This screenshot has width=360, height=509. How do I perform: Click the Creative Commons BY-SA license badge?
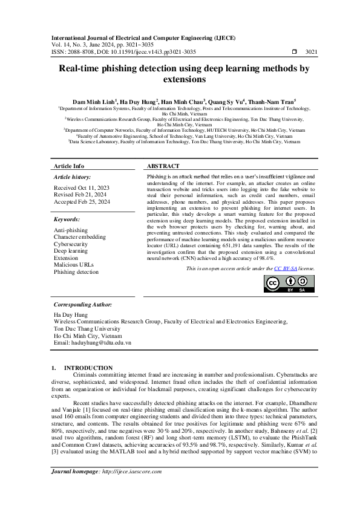pyautogui.click(x=289, y=284)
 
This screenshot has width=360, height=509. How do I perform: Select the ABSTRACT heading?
pyautogui.click(x=163, y=166)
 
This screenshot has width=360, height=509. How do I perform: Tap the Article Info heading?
pyautogui.click(x=69, y=166)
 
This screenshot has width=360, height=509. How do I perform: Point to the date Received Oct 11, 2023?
pyautogui.click(x=81, y=188)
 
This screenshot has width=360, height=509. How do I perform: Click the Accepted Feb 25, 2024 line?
pyautogui.click(x=82, y=201)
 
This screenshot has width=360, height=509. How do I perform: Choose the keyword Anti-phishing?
pyautogui.click(x=70, y=230)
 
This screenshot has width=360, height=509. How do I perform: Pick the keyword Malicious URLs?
pyautogui.click(x=74, y=265)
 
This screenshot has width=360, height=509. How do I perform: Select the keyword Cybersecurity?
pyautogui.click(x=71, y=244)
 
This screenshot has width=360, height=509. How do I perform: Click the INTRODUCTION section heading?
pyautogui.click(x=88, y=368)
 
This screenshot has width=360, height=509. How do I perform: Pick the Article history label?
pyautogui.click(x=72, y=177)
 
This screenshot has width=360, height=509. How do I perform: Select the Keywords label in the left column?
pyautogui.click(x=67, y=219)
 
